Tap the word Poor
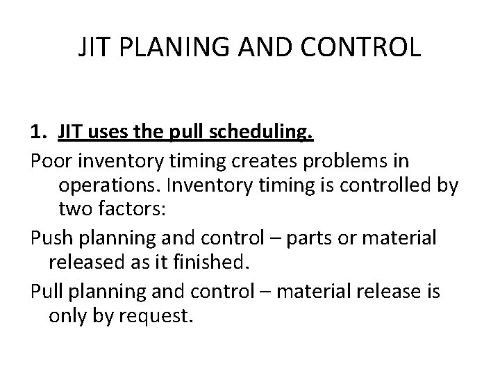[x=52, y=161]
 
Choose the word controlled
[x=397, y=186]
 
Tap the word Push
[x=53, y=237]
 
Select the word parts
[x=308, y=237]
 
